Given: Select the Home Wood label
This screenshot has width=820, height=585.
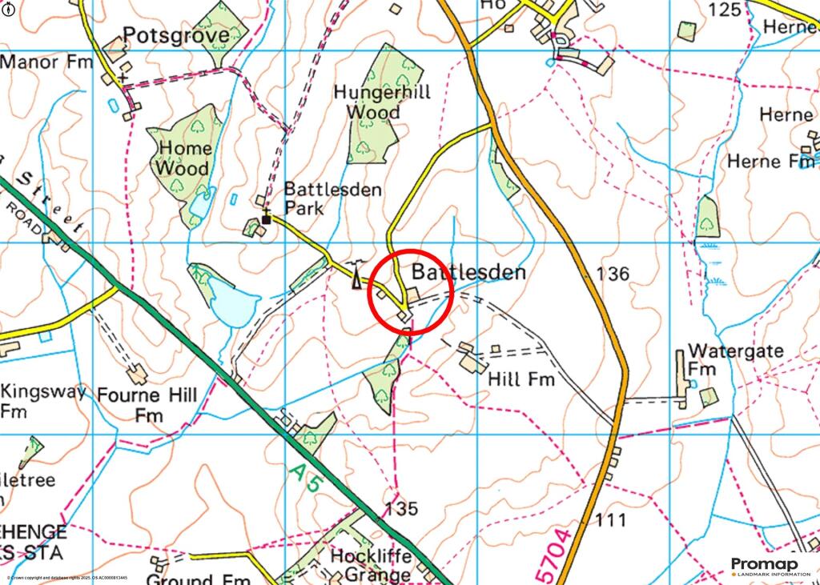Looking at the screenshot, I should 184,158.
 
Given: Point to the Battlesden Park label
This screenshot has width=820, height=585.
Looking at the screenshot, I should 332,199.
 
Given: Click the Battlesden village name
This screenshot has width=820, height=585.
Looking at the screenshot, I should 468,273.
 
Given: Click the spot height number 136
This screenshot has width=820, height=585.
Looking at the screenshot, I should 613,274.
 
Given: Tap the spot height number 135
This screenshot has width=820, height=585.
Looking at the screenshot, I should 401,509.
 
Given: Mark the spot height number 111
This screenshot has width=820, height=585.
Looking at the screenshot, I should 610,521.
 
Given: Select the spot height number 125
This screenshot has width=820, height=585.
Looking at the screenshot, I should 726,10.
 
